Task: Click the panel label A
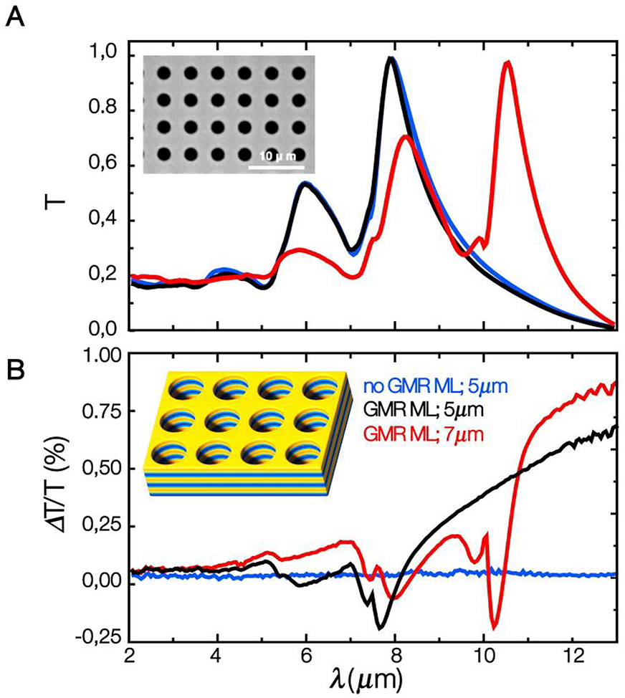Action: coord(16,16)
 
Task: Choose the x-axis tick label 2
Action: coord(130,655)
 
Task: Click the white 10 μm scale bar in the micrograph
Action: coord(277,168)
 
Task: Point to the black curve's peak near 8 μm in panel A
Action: coord(390,58)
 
